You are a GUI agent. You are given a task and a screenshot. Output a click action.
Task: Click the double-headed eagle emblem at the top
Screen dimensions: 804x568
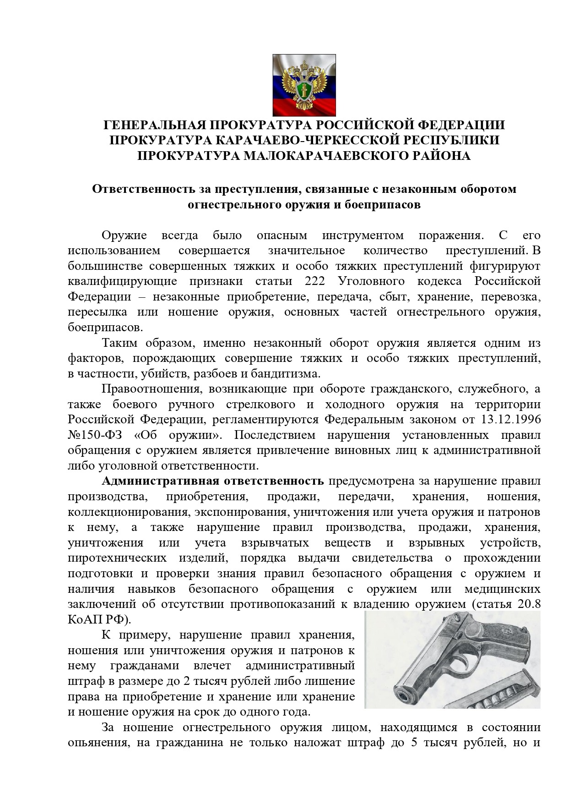click(304, 85)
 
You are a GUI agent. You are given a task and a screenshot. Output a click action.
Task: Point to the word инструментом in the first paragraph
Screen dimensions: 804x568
click(363, 235)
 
